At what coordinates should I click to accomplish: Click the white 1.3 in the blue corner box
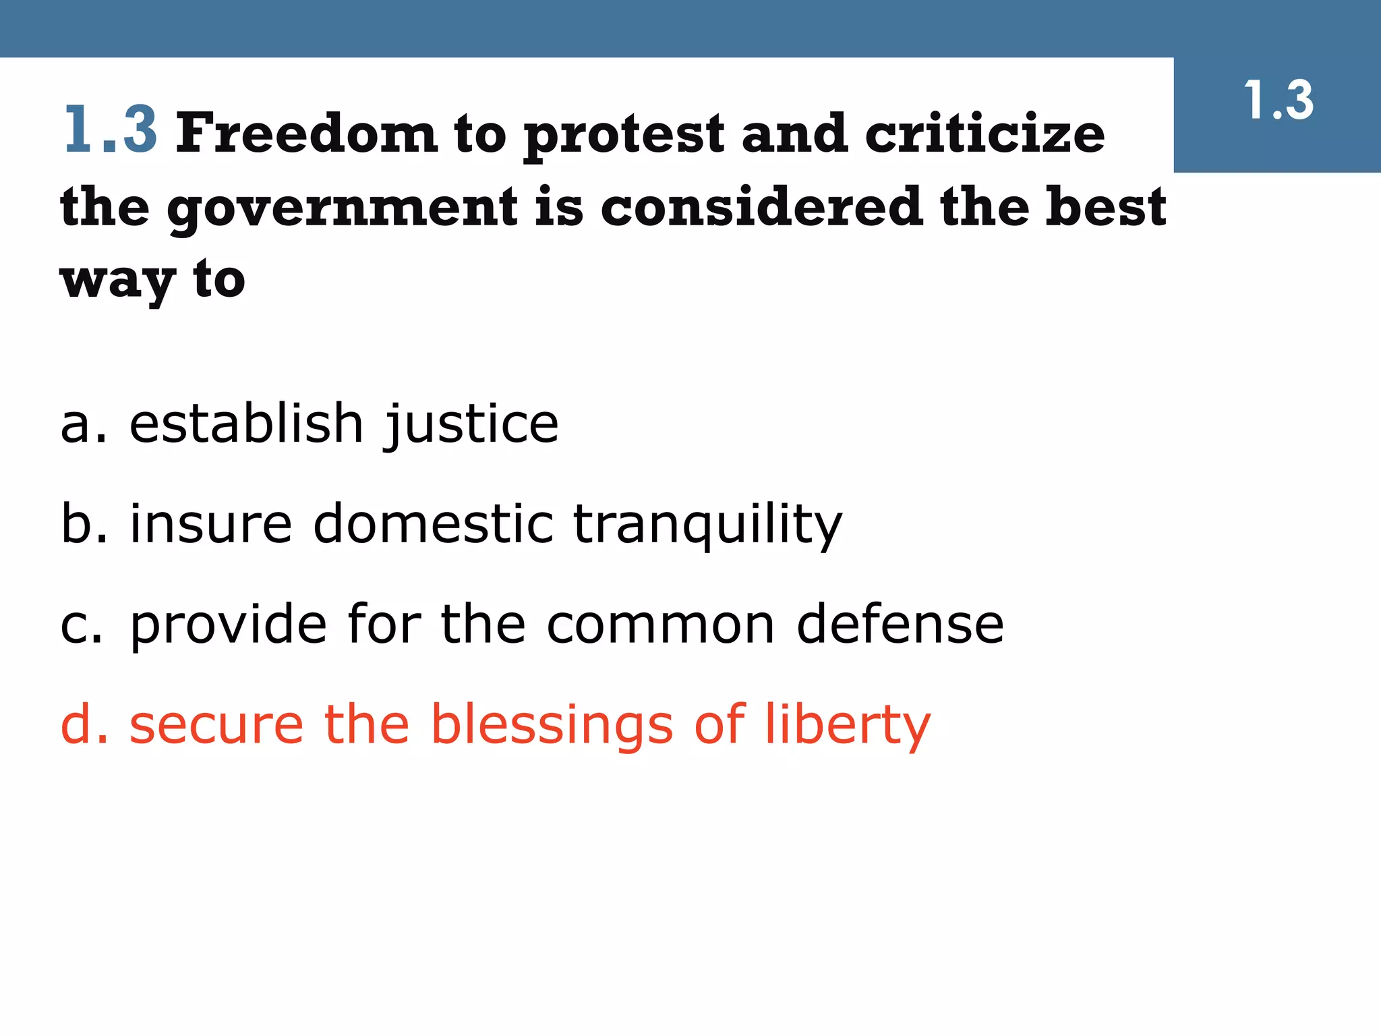coord(1278,100)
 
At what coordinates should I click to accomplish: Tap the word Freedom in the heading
coord(307,133)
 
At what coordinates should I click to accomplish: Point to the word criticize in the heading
coord(985,133)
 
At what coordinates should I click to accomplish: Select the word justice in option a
coord(471,424)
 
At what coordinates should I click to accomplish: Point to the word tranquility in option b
coord(707,525)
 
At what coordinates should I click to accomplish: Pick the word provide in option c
coord(229,625)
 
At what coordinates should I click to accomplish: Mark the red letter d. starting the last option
coord(84,725)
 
